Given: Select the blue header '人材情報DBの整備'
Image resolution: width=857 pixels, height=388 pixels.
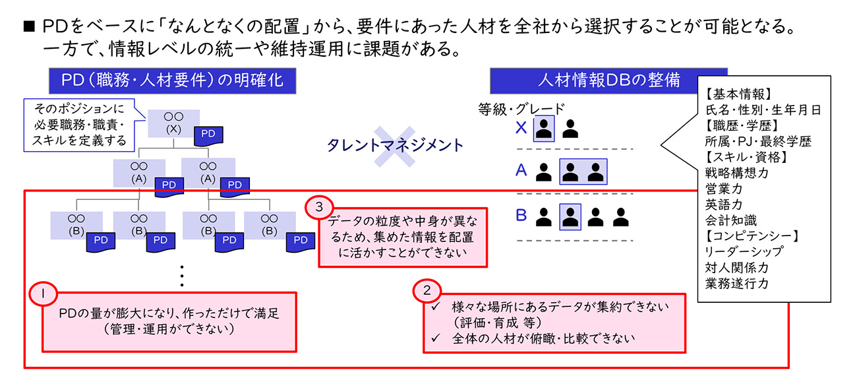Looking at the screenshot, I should click(x=608, y=81).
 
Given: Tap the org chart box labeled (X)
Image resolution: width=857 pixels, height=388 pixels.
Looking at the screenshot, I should click(x=173, y=123).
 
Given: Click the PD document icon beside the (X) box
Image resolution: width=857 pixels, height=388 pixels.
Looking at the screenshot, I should click(x=208, y=135).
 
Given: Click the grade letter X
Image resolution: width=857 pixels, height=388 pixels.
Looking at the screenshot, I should click(x=521, y=129).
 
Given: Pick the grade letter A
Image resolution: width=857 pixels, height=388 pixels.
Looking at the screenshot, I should click(x=521, y=172).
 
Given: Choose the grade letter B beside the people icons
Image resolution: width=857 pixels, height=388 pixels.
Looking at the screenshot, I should click(x=521, y=215).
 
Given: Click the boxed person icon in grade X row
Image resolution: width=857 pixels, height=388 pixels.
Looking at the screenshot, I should click(x=544, y=129).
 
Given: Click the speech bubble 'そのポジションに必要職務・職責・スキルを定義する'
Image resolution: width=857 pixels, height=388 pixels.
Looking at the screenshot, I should click(x=77, y=123).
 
